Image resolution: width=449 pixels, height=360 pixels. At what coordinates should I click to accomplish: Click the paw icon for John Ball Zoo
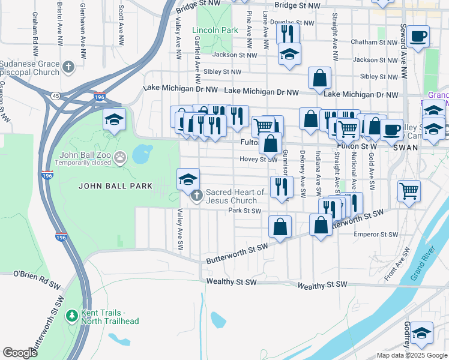(x=121, y=157)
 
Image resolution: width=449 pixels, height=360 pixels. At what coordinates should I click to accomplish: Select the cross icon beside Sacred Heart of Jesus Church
(x=196, y=196)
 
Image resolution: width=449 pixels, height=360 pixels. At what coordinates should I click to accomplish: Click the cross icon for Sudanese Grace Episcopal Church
(x=69, y=66)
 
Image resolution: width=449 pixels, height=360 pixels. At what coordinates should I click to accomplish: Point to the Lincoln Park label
(x=215, y=30)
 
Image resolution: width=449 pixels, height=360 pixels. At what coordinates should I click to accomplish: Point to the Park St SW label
(x=245, y=211)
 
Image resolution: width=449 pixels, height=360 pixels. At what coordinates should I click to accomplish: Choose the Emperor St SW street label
(x=376, y=235)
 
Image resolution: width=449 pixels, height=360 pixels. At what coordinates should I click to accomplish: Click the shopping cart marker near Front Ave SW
(x=409, y=191)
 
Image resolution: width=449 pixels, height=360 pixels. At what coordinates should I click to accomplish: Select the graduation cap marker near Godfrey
(x=422, y=333)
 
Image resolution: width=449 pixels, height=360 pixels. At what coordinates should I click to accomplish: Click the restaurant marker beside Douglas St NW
(x=288, y=32)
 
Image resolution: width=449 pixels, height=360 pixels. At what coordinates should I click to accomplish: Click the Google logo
(x=20, y=353)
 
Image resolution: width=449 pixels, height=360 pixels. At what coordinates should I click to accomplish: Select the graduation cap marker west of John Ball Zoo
(x=114, y=119)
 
